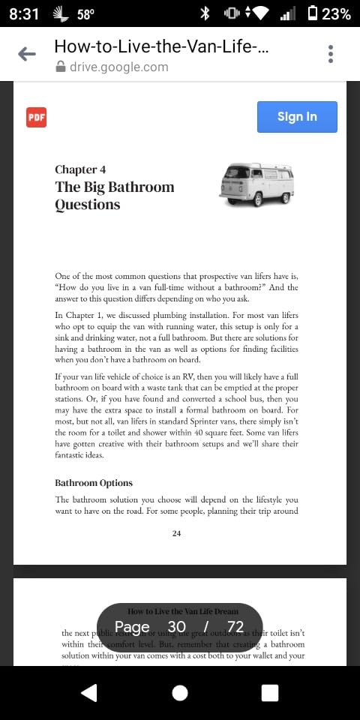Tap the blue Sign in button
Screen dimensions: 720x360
pos(297,117)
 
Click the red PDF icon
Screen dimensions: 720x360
pos(36,117)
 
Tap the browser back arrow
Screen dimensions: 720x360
pos(27,54)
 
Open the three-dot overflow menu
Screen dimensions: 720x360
pos(330,54)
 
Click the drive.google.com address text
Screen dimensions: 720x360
pos(118,67)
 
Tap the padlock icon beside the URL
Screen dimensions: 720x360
pos(61,67)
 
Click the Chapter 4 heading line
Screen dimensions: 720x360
pos(80,169)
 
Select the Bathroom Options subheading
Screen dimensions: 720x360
pos(94,483)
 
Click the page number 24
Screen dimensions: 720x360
pos(176,533)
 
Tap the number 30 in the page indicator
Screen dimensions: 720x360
pos(177,627)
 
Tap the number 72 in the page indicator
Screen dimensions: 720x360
pos(235,627)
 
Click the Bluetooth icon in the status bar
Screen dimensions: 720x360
pos(205,14)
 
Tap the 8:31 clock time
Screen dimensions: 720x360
pos(24,14)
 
